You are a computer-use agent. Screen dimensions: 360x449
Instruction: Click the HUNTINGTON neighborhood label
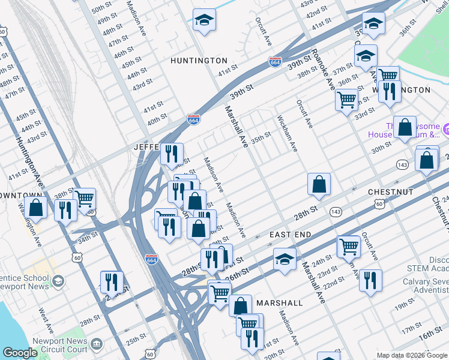point(199,61)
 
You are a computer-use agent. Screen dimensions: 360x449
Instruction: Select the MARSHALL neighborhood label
point(280,303)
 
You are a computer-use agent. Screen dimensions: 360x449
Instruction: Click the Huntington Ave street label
point(28,161)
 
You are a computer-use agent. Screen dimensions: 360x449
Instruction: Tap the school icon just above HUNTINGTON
point(204,21)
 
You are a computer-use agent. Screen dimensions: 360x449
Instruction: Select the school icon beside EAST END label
point(285,259)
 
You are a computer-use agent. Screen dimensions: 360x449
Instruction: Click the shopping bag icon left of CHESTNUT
point(319,185)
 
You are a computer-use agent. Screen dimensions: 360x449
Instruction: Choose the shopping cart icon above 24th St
point(349,247)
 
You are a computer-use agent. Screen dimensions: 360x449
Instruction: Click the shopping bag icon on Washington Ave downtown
point(36,209)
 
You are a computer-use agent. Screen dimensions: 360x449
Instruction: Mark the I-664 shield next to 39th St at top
point(275,62)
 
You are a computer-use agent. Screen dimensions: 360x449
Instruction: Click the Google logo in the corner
point(20,353)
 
